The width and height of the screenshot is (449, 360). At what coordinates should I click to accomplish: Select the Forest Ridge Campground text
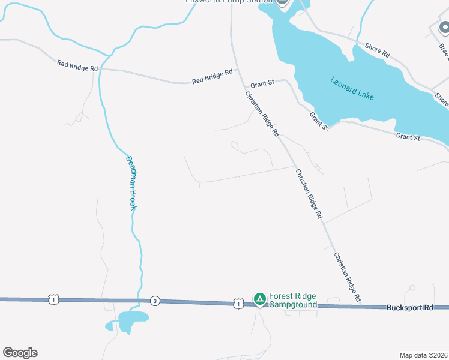tap(292, 301)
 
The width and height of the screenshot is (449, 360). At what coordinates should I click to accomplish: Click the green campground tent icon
tap(259, 298)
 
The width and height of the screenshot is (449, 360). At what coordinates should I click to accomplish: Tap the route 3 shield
tap(155, 301)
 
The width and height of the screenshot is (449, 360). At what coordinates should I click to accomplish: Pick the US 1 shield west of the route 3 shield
tap(53, 299)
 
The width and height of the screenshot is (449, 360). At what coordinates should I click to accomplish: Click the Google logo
tap(20, 353)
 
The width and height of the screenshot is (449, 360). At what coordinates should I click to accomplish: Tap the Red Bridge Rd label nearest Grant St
tap(212, 76)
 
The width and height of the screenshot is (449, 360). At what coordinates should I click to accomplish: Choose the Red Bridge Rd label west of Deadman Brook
tap(77, 65)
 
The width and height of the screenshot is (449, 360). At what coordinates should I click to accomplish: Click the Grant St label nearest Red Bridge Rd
tap(262, 83)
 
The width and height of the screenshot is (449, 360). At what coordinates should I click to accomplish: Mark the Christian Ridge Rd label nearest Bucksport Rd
tap(348, 276)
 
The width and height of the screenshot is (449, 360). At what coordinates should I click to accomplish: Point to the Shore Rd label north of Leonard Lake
tap(378, 50)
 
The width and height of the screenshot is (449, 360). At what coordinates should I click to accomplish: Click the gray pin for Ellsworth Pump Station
tap(283, 2)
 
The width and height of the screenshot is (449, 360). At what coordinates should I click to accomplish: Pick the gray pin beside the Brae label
tap(444, 27)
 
